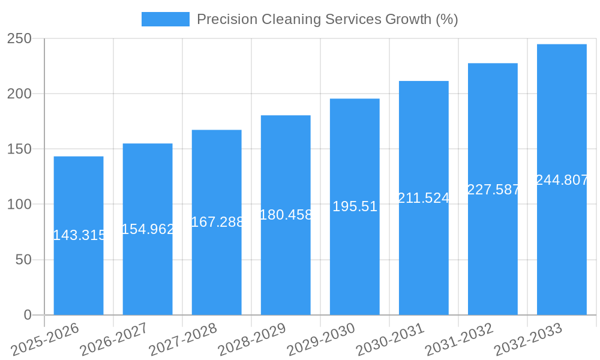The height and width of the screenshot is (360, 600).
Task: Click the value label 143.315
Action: coord(79,235)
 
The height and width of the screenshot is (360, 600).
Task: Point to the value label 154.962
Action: coord(148,229)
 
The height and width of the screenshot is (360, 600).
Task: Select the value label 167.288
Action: coord(217,222)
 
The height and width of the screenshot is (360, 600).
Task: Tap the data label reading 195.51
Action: coord(355,206)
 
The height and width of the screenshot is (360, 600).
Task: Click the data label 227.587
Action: coord(493,190)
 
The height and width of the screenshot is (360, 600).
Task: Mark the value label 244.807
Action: coord(562,180)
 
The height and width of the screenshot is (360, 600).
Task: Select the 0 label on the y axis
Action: coord(27,315)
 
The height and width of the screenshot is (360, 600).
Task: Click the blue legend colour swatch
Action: coord(165,19)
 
